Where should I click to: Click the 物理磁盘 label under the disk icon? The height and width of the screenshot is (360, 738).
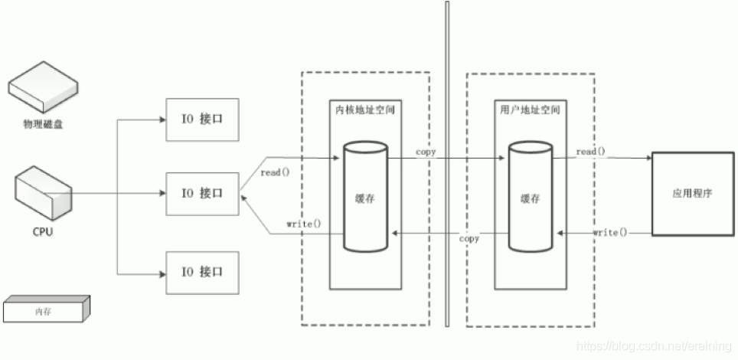pyautogui.click(x=43, y=123)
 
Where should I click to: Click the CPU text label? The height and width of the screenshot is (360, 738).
pyautogui.click(x=43, y=231)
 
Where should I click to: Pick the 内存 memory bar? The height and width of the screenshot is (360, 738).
pyautogui.click(x=45, y=310)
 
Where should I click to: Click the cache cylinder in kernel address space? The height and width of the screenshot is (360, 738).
pyautogui.click(x=364, y=196)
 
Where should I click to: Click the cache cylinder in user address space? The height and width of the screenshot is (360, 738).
pyautogui.click(x=530, y=196)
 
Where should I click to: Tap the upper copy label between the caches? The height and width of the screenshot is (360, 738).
pyautogui.click(x=426, y=152)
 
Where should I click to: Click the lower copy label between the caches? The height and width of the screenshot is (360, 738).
pyautogui.click(x=469, y=239)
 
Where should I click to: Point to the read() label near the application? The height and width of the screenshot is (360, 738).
pyautogui.click(x=590, y=152)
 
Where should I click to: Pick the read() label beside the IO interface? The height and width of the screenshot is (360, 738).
pyautogui.click(x=275, y=172)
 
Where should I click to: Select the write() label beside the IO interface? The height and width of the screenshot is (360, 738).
pyautogui.click(x=304, y=224)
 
